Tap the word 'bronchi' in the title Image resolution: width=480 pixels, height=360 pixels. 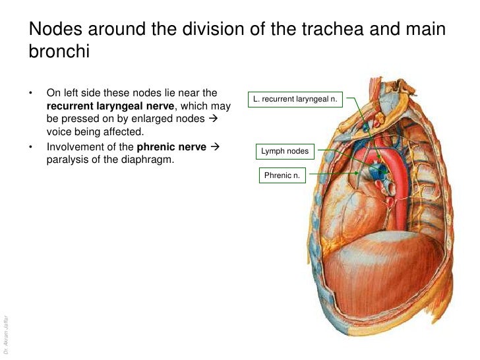[58, 52]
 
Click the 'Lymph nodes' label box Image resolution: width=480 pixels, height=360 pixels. [285, 151]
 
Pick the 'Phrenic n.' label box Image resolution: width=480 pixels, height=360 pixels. [282, 175]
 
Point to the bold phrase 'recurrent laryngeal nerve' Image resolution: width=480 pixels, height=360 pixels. [111, 106]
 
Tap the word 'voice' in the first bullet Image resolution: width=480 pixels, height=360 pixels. [59, 131]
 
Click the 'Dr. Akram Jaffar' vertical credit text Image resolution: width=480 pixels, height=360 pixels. [5, 330]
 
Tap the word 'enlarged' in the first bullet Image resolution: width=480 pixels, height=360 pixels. [150, 119]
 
